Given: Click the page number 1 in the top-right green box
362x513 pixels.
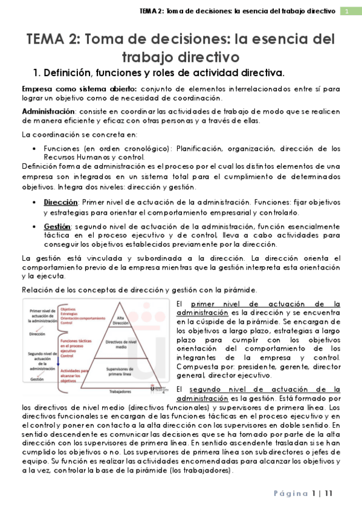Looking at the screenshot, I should click(x=347, y=11).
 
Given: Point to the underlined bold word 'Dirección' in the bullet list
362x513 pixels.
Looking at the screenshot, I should click(x=61, y=202).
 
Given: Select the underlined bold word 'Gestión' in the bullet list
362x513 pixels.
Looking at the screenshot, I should click(x=57, y=226).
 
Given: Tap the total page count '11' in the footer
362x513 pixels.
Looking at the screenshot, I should click(x=328, y=494).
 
